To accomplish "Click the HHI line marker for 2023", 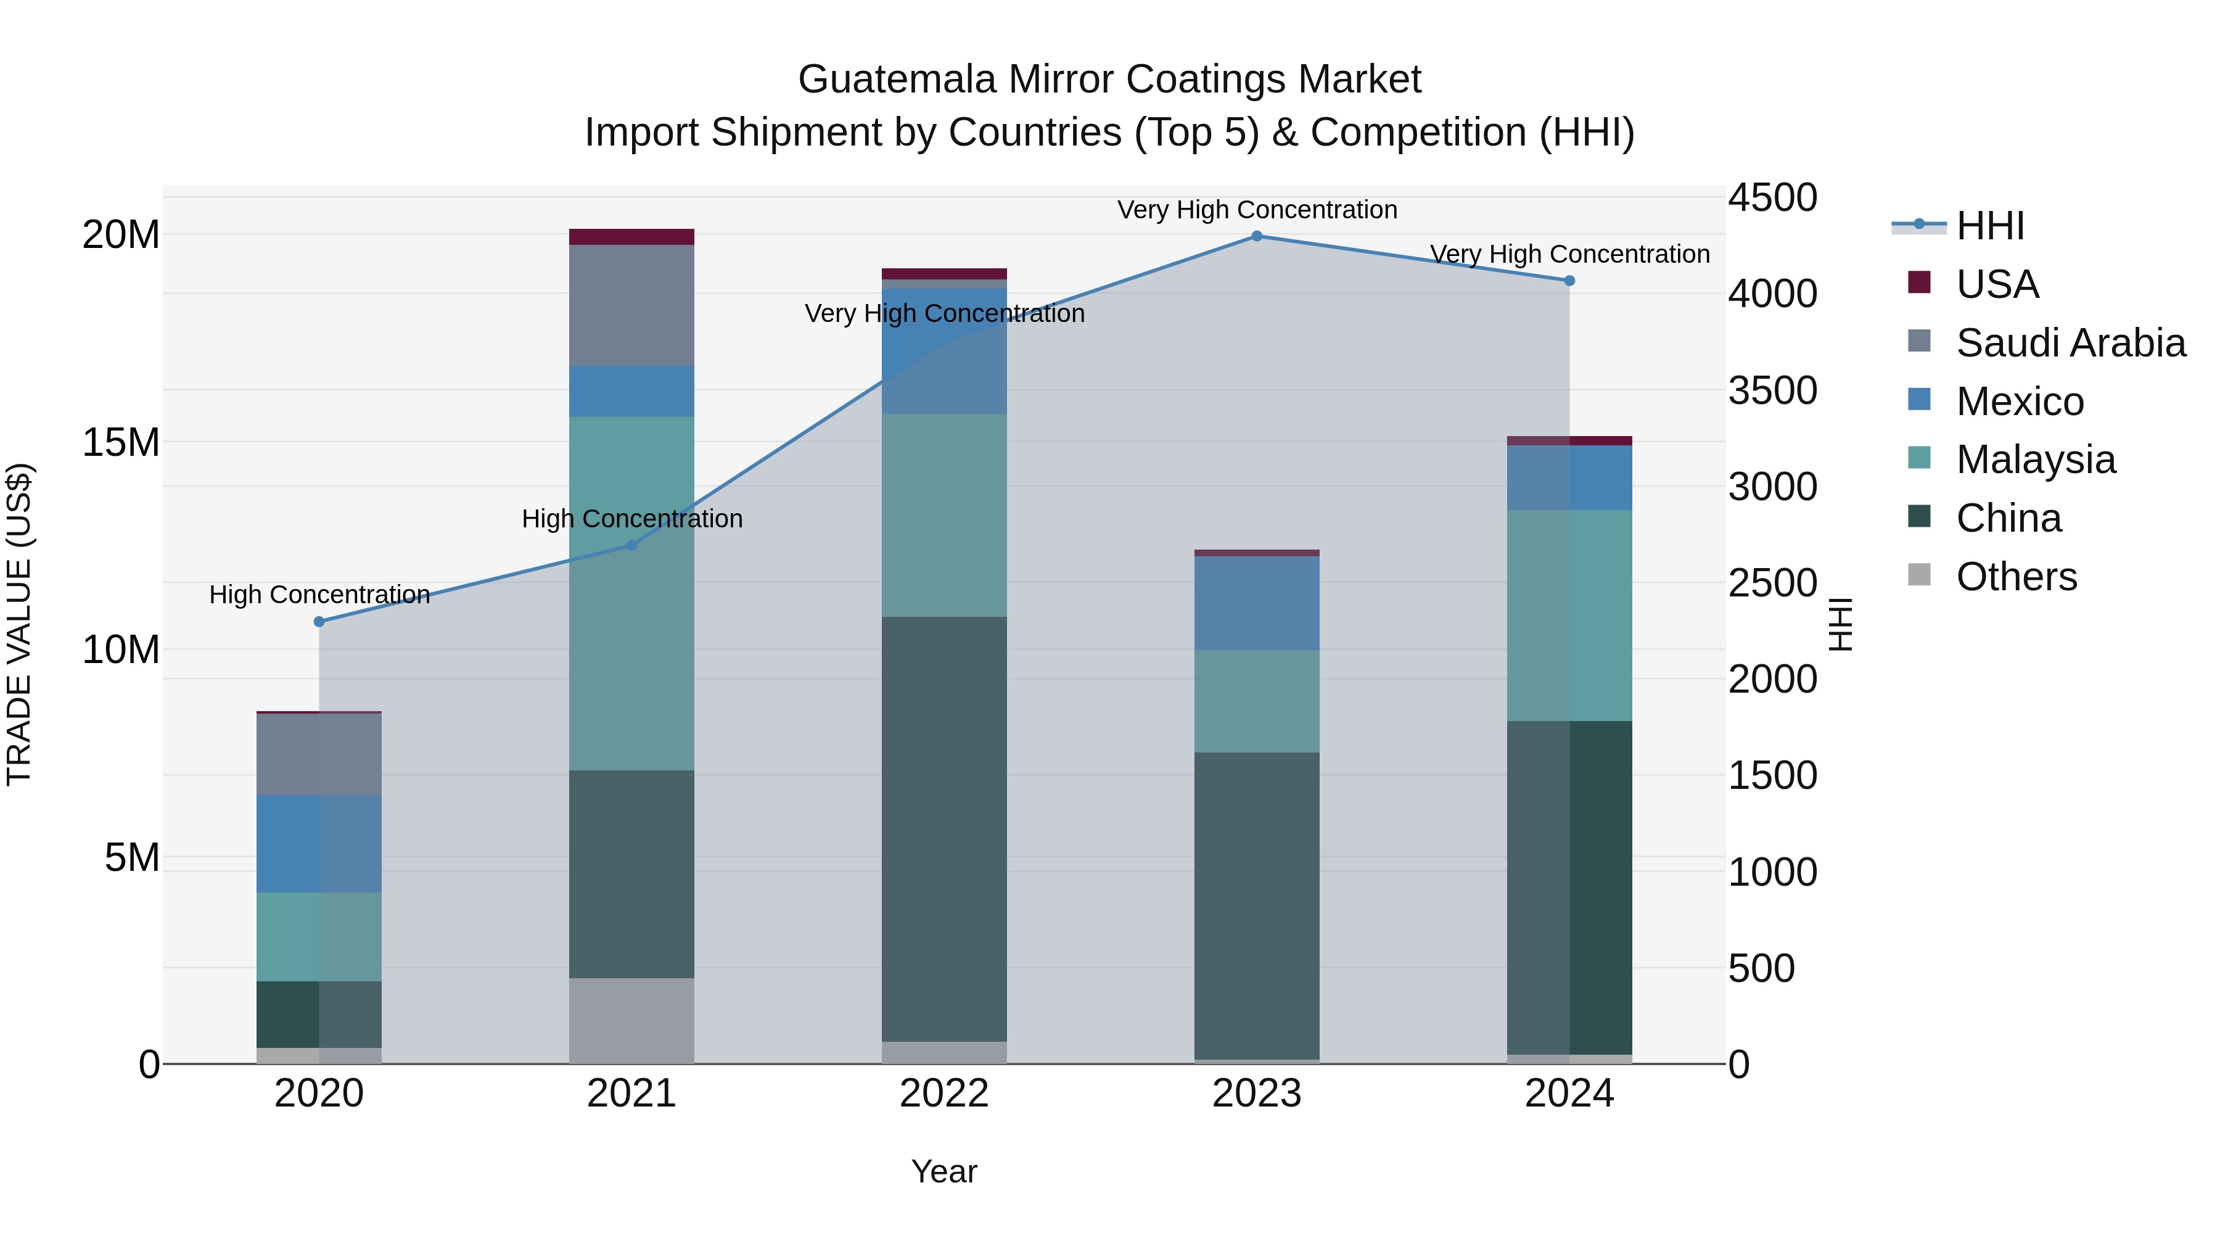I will tap(1257, 236).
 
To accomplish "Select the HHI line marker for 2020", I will tap(319, 622).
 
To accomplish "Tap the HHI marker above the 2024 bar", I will tap(1569, 281).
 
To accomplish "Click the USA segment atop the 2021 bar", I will tap(631, 237).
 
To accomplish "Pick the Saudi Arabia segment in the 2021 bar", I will tap(631, 305).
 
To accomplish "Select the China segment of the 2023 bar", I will tap(1257, 905).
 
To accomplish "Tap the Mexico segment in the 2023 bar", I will tap(1257, 603).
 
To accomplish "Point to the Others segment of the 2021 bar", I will tap(631, 1021).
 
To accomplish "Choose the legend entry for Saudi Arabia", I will tap(2070, 343).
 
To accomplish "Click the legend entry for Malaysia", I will tap(2036, 460).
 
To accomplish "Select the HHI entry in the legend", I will tap(1990, 226).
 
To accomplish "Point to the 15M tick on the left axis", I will tap(121, 442).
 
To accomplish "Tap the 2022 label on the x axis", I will tap(943, 1094).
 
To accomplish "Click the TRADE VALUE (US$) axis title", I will tap(19, 624).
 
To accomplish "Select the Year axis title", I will tap(943, 1171).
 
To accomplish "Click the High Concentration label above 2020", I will tap(319, 595).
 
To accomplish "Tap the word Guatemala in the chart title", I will tap(897, 80).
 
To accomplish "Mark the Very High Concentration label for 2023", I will tap(1257, 210).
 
